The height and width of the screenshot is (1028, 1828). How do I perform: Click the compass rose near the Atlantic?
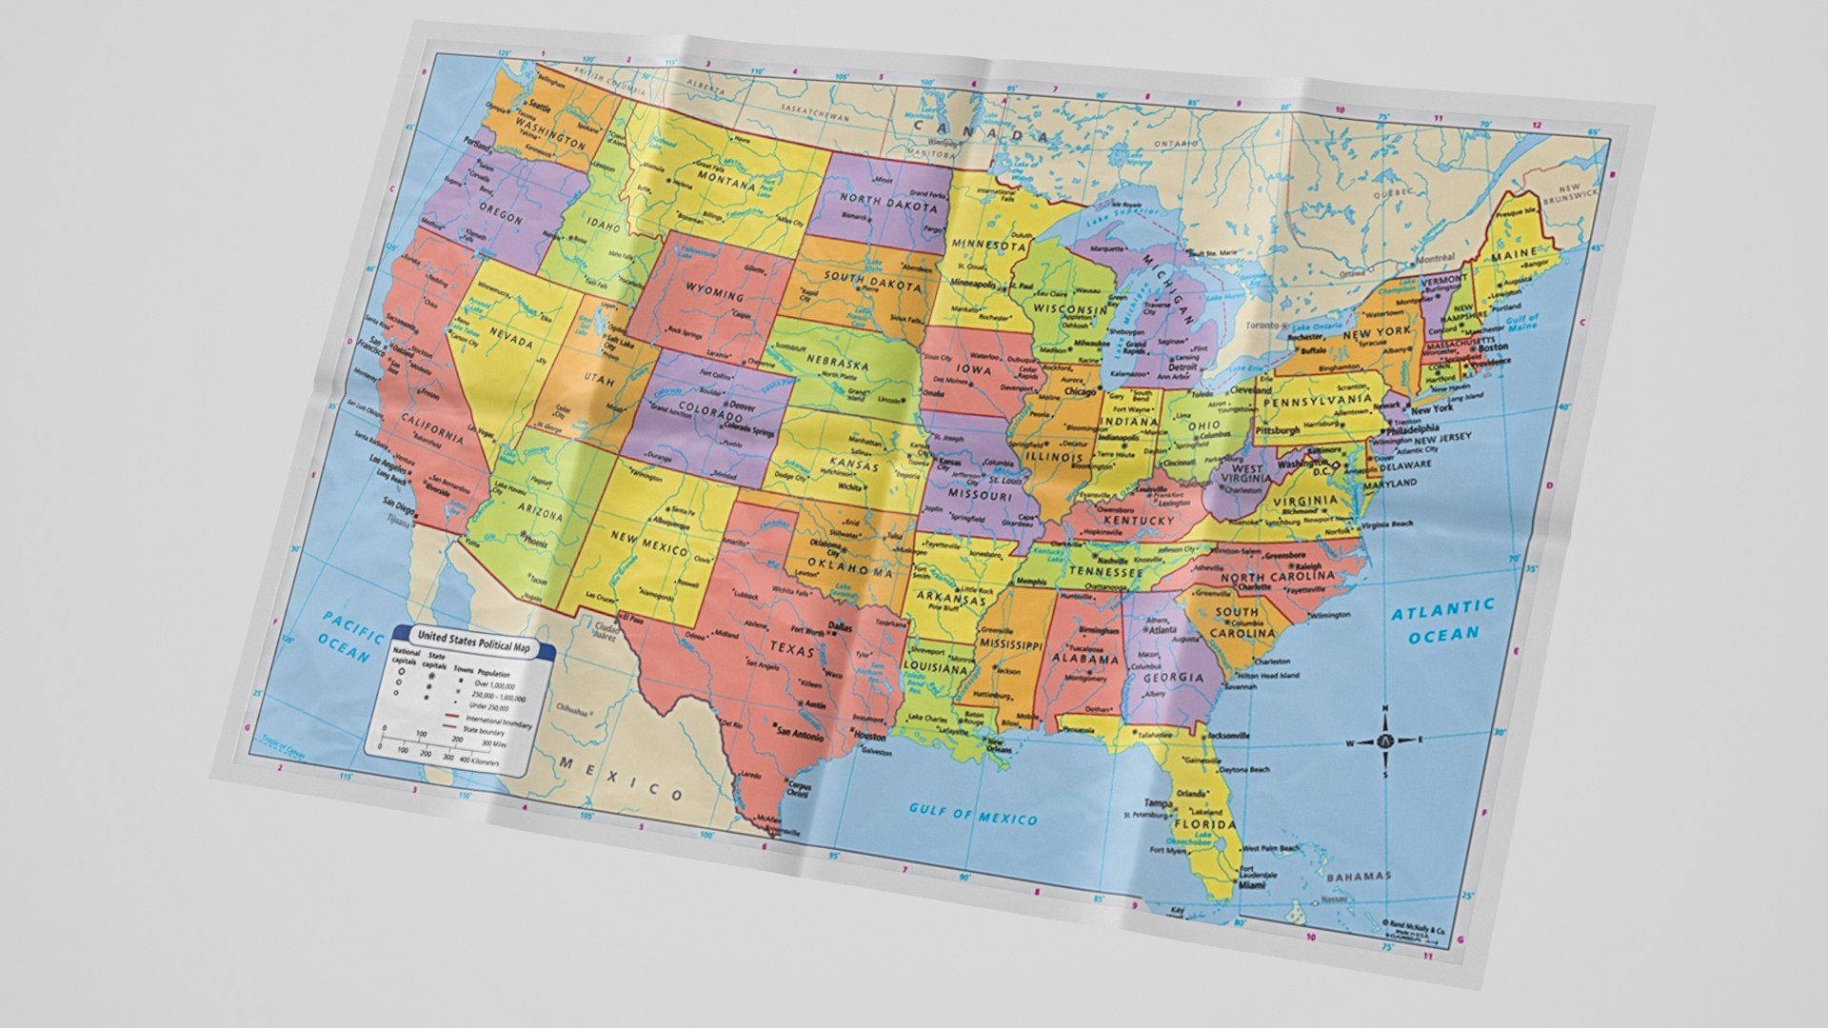point(1385,741)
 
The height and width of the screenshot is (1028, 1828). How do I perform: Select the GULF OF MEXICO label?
point(973,814)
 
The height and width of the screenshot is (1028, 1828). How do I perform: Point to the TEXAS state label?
point(792,648)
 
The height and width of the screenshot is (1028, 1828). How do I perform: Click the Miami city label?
point(1252,885)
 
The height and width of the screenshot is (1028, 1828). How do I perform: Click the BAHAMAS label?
point(1359,876)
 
